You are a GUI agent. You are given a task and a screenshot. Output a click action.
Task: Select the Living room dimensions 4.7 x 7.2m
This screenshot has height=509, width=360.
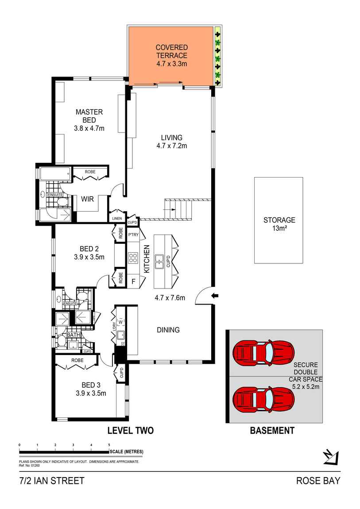172,146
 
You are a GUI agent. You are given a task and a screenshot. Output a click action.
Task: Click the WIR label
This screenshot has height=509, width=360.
87,199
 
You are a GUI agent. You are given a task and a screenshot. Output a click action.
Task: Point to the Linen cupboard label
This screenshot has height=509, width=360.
117,219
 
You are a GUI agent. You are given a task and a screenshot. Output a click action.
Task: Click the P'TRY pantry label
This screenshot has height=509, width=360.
133,235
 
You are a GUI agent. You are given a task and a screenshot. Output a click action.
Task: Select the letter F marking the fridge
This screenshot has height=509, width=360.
133,281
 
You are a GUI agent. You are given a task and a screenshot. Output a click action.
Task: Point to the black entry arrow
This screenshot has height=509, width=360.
215,295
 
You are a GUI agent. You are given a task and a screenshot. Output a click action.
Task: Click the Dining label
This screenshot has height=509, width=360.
168,330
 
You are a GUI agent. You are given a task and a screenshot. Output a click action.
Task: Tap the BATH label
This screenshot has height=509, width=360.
74,335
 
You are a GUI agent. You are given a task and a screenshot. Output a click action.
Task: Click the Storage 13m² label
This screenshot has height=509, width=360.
279,224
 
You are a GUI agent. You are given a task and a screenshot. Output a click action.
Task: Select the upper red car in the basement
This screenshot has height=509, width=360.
263,353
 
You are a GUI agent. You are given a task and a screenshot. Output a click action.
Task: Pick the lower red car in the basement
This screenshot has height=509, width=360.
263,400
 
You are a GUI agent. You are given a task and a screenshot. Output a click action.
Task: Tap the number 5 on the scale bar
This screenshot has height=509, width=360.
109,445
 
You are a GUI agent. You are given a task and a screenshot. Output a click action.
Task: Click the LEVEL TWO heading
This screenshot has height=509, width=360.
131,431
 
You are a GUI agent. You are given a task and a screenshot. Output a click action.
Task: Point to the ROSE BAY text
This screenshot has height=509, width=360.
318,481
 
